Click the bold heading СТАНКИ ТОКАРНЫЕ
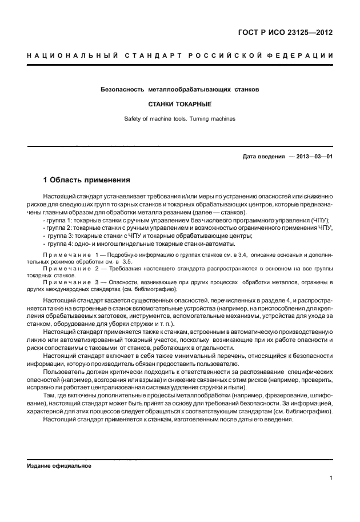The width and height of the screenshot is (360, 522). pos(180,105)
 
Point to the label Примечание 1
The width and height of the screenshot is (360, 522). pos(69,254)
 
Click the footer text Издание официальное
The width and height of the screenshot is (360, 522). pos(59,465)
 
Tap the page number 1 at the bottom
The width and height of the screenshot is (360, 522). pos(331,478)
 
